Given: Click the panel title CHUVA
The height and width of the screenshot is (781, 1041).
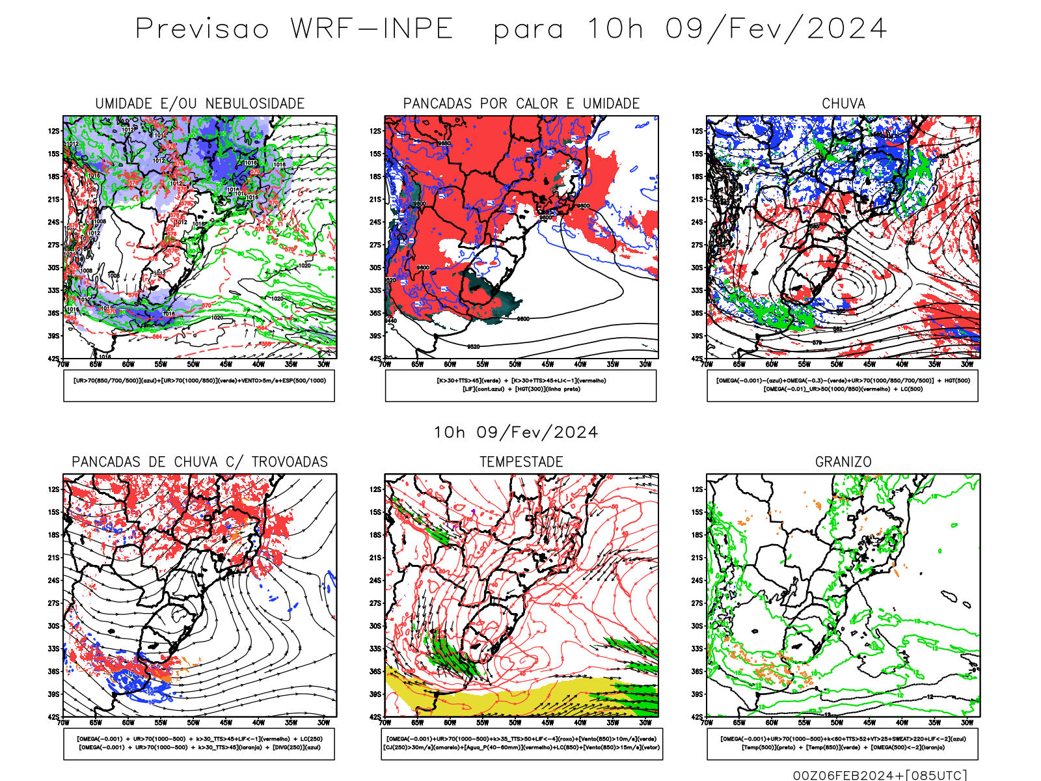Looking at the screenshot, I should tap(843, 103).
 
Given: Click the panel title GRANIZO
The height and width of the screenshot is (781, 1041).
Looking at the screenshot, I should tap(843, 462).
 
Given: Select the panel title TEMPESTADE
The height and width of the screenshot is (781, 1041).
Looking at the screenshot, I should tap(521, 462).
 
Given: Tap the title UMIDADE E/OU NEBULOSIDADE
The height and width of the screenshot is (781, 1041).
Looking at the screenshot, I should tap(200, 103).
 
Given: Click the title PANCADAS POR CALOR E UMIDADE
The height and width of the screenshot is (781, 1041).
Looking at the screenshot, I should tap(521, 103).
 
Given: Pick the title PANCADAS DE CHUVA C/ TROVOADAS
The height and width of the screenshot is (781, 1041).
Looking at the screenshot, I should tap(200, 462).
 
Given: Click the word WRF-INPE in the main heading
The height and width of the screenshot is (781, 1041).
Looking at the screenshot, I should tap(372, 29).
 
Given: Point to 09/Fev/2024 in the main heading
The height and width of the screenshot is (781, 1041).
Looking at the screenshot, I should tap(776, 29).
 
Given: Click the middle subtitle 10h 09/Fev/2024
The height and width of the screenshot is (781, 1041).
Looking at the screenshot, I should tap(515, 432).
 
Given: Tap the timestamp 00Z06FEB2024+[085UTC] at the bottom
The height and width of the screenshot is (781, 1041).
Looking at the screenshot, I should tap(880, 774).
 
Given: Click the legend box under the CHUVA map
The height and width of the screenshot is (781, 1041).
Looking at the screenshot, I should tap(843, 385).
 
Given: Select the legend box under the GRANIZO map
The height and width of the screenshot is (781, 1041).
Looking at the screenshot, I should tap(843, 743).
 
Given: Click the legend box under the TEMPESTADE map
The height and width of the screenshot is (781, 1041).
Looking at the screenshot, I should tap(521, 743).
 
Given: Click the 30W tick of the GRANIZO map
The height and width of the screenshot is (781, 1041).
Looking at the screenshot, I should tap(967, 722).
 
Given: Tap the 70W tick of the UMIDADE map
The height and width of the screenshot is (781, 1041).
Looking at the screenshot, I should tap(63, 364).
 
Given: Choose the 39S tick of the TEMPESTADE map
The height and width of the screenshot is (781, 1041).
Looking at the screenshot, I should tap(375, 694).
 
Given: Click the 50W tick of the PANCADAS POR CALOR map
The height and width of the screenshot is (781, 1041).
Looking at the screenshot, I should tap(515, 364).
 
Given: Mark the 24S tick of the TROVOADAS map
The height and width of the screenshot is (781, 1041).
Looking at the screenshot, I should tap(53, 580).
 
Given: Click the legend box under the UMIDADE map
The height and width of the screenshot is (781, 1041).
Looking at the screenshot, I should tap(199, 385).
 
